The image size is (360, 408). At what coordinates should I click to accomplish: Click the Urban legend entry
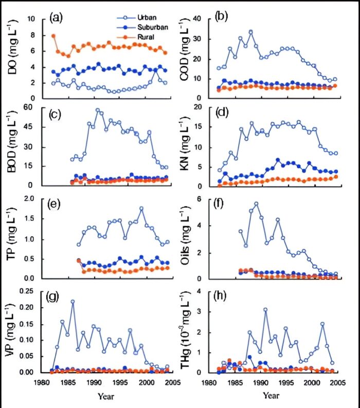point(133,18)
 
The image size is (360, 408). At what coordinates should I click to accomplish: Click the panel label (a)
point(57,18)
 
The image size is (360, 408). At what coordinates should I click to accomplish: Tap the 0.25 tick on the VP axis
point(30,291)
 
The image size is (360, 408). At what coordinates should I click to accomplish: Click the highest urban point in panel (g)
point(73,302)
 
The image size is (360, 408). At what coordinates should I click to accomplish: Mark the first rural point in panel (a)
point(53,36)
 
